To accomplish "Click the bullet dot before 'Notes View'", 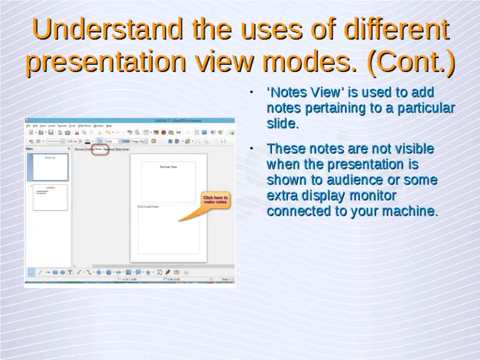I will click(250, 92).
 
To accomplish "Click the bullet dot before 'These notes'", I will click(250, 149).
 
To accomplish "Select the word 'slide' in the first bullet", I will click(281, 124).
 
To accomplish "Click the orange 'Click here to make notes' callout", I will click(215, 200).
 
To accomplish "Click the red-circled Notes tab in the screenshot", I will click(99, 149).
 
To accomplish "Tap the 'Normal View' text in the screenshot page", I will click(169, 167).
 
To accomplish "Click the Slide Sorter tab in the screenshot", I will click(122, 149).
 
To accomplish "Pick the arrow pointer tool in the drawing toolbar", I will click(31, 272).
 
